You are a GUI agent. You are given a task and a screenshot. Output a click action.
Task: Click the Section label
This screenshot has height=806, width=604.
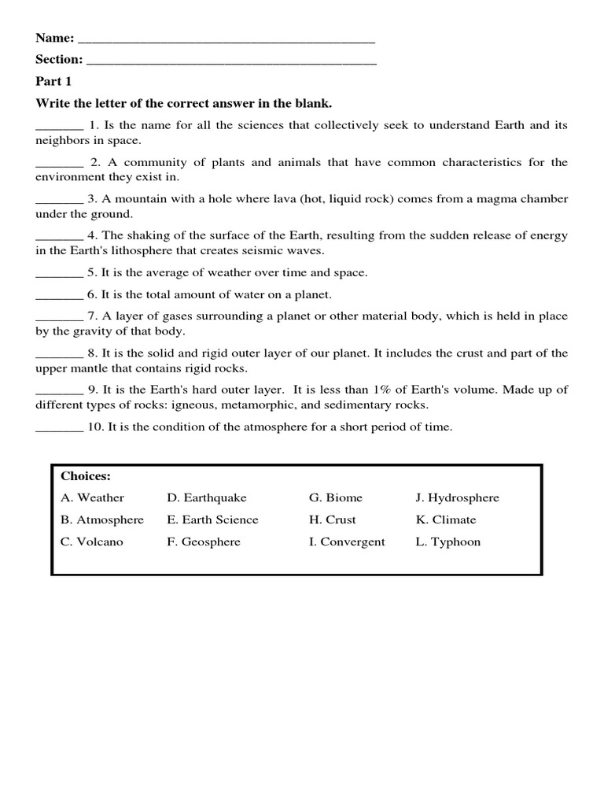[59, 60]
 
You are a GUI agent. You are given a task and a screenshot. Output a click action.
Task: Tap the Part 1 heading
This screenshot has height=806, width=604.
[53, 82]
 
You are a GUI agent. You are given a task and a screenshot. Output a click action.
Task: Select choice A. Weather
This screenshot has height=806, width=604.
[92, 497]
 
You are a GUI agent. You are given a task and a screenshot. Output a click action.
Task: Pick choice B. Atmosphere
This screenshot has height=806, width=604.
[102, 519]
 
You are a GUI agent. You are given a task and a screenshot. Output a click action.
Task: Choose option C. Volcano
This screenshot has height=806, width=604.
[92, 542]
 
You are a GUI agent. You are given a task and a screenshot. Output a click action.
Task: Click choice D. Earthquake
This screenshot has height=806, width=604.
[207, 497]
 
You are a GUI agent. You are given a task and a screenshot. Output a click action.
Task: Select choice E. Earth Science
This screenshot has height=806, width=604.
[212, 519]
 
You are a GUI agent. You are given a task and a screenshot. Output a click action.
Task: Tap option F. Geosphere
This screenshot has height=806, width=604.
[204, 542]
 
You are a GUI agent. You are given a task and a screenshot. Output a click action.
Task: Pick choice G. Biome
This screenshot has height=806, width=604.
[336, 497]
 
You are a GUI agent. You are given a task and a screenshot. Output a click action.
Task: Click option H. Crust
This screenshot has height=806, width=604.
[332, 519]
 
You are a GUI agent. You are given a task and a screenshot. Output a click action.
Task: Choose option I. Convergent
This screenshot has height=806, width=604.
[347, 542]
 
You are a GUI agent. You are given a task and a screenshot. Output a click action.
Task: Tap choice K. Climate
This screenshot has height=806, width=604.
[446, 519]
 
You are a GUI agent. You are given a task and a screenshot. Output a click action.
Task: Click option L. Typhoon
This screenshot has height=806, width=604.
[447, 542]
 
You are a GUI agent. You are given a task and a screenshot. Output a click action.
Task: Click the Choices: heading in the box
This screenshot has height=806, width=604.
[86, 476]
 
